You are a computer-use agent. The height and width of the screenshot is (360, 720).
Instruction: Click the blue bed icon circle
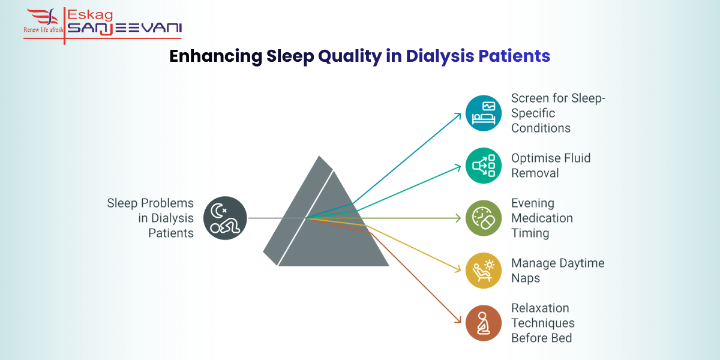point(484,113)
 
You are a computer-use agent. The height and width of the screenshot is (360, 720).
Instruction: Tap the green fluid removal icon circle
point(484,166)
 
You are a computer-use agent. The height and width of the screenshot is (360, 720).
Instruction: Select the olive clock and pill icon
point(484,218)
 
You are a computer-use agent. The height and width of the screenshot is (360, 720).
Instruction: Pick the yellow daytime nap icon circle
point(484,271)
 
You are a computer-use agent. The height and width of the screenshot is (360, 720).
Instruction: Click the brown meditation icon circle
point(484,323)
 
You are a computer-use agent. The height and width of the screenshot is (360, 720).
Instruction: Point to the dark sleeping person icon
point(224,218)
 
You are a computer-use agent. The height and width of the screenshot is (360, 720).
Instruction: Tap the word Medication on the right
point(542,218)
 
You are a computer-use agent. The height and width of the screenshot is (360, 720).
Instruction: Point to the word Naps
point(526,278)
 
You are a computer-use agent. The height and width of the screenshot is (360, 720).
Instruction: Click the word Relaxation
point(540,308)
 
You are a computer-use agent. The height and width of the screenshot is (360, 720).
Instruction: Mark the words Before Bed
point(541,338)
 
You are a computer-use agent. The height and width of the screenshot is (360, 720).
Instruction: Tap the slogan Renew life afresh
point(43,29)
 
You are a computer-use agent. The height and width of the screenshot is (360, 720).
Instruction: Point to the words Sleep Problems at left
point(151,203)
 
